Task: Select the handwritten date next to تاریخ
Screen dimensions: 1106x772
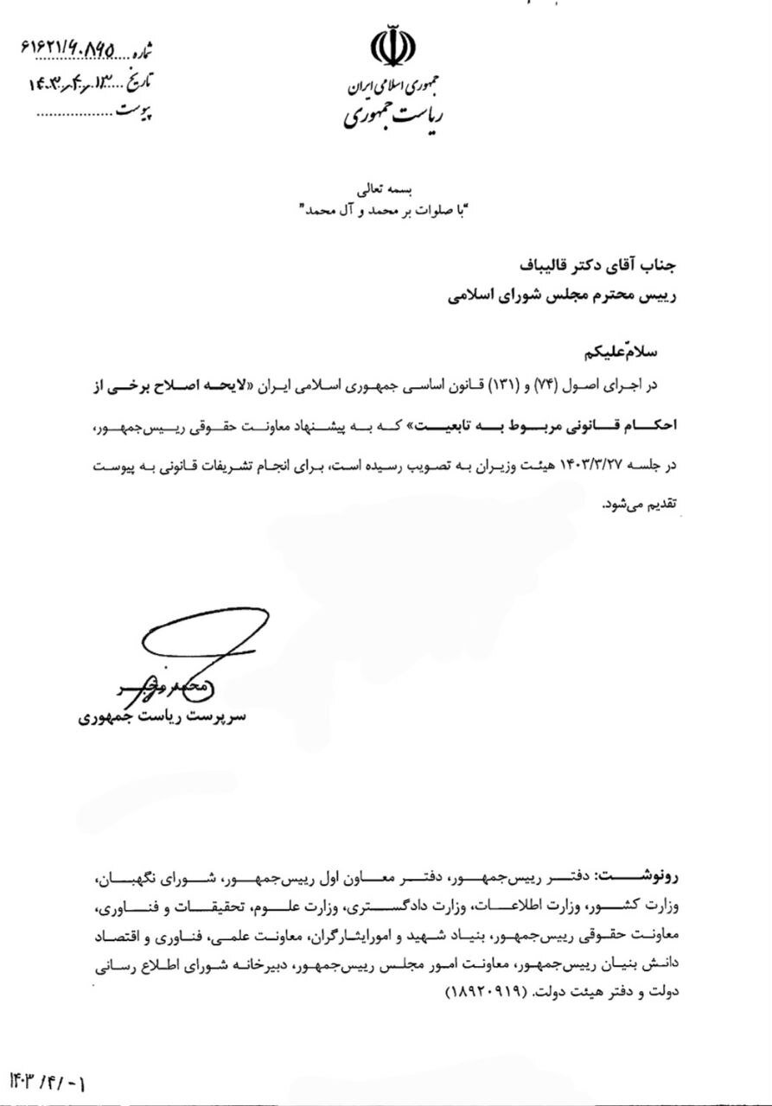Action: (78, 85)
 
